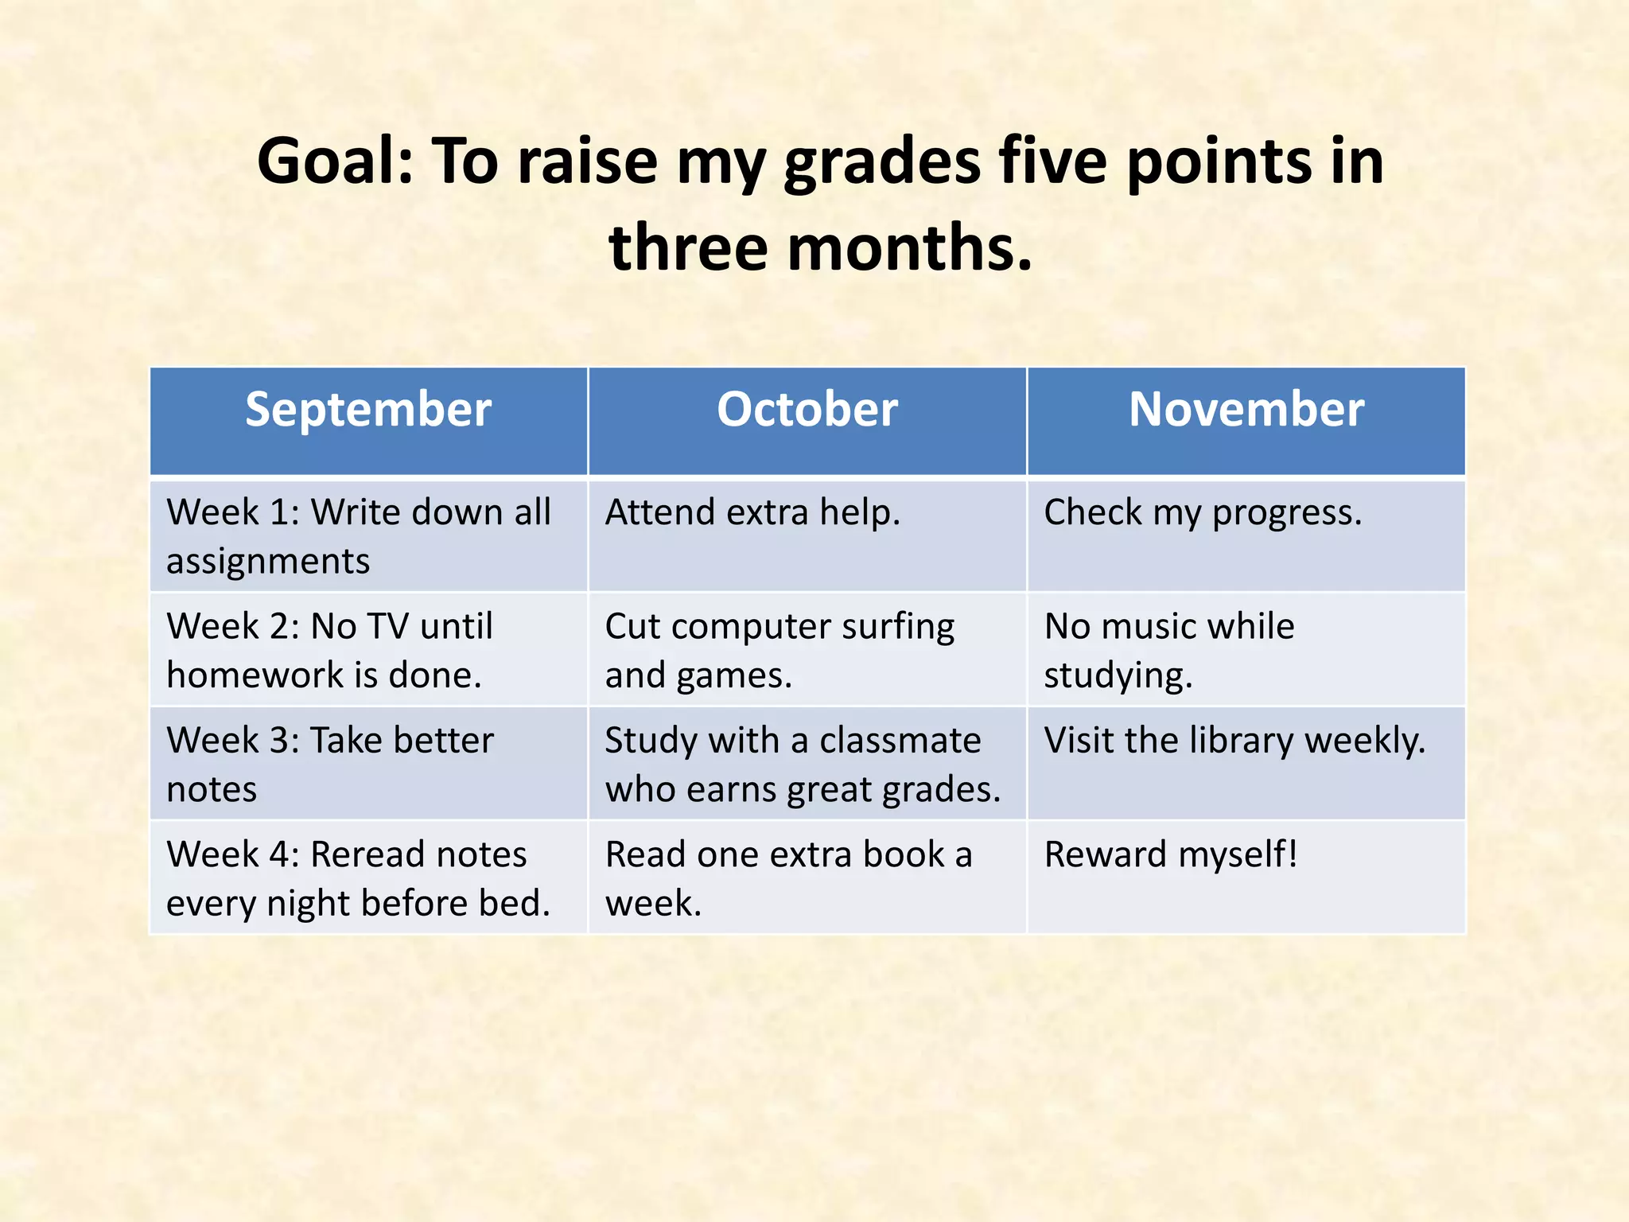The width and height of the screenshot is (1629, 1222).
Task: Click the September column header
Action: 368,411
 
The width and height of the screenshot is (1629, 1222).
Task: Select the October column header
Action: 807,411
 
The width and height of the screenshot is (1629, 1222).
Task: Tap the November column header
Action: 1246,411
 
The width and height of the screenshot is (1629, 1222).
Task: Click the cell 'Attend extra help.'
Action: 752,513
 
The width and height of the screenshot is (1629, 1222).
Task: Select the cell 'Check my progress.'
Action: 1203,513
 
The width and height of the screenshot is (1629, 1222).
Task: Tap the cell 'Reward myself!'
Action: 1171,855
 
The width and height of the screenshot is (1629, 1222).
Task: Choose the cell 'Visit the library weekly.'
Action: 1234,741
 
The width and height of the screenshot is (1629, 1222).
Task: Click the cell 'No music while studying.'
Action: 1169,650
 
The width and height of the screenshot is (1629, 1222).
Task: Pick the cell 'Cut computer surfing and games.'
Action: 780,650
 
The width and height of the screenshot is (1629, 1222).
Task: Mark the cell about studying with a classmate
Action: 802,765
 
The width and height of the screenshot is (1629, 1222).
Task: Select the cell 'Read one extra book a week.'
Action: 788,878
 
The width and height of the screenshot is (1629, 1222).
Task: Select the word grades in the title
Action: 881,162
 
